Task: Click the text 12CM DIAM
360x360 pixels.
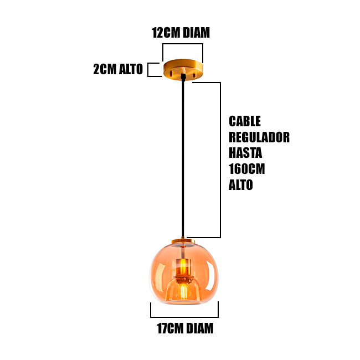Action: (181, 33)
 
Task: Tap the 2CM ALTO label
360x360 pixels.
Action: (117, 69)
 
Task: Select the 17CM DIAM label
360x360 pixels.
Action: (184, 328)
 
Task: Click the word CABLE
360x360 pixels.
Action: (244, 121)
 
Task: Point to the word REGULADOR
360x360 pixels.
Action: (259, 137)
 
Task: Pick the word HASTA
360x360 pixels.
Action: (245, 153)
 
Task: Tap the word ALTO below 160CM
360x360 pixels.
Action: (241, 185)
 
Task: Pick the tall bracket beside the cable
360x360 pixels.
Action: (220, 161)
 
